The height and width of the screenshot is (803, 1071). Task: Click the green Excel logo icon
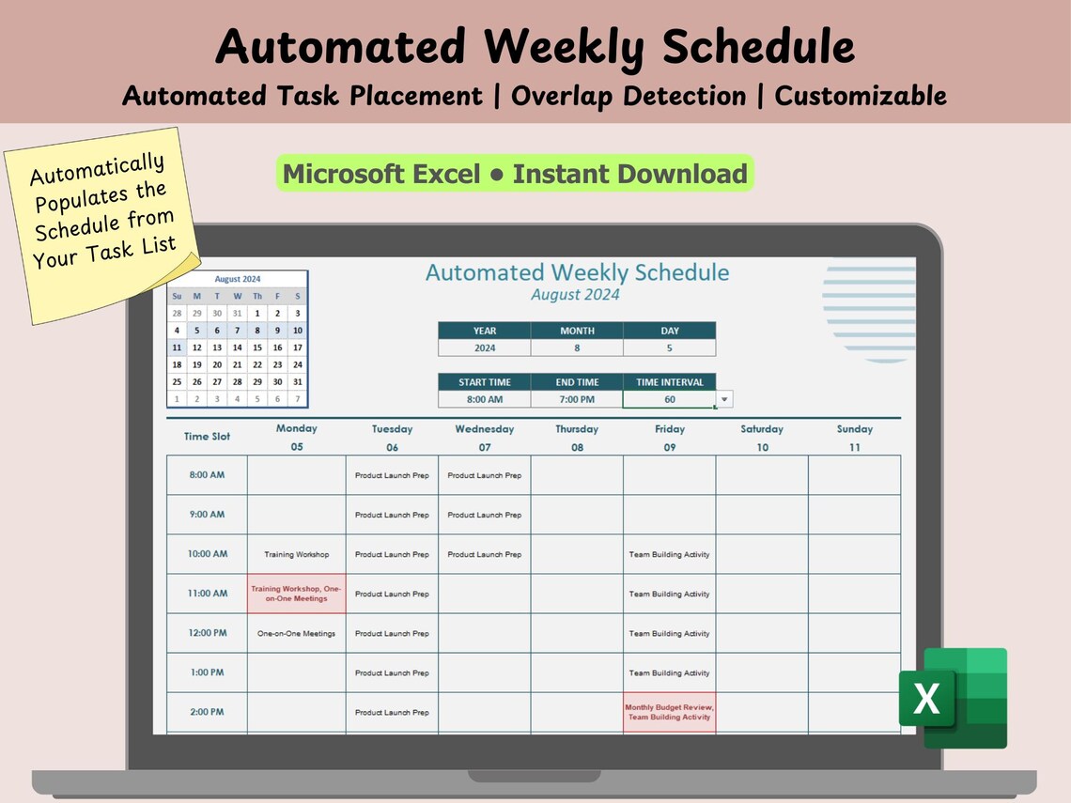(x=952, y=698)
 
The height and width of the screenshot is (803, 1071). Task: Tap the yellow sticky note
(x=103, y=225)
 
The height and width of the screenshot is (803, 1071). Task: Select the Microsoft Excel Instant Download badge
(x=515, y=174)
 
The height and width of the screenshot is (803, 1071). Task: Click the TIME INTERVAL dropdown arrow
(x=723, y=399)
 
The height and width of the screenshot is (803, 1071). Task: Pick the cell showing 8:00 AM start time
(x=484, y=399)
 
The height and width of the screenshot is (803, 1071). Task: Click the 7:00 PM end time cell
(x=576, y=399)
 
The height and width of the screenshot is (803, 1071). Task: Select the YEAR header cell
(x=484, y=331)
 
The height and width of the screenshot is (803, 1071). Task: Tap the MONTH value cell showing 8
(x=576, y=347)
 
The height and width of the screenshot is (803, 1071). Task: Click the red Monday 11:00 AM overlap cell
(x=296, y=594)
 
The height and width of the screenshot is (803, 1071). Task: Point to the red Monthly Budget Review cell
(x=669, y=712)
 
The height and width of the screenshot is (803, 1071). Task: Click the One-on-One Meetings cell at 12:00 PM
(x=296, y=633)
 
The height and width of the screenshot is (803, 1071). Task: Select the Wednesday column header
(x=484, y=429)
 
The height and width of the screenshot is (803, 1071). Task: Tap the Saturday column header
(x=761, y=429)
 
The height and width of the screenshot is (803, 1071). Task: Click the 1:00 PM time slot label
(x=207, y=672)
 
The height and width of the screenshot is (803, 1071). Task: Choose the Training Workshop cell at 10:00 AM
(x=296, y=554)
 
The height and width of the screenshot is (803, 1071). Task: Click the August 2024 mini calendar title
(x=237, y=279)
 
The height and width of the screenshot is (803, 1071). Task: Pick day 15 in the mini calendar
(x=256, y=347)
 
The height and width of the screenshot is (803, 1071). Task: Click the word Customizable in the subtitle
(x=860, y=95)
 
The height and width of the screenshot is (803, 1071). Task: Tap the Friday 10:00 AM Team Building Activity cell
(x=669, y=554)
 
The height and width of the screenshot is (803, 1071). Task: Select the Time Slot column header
(x=207, y=436)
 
